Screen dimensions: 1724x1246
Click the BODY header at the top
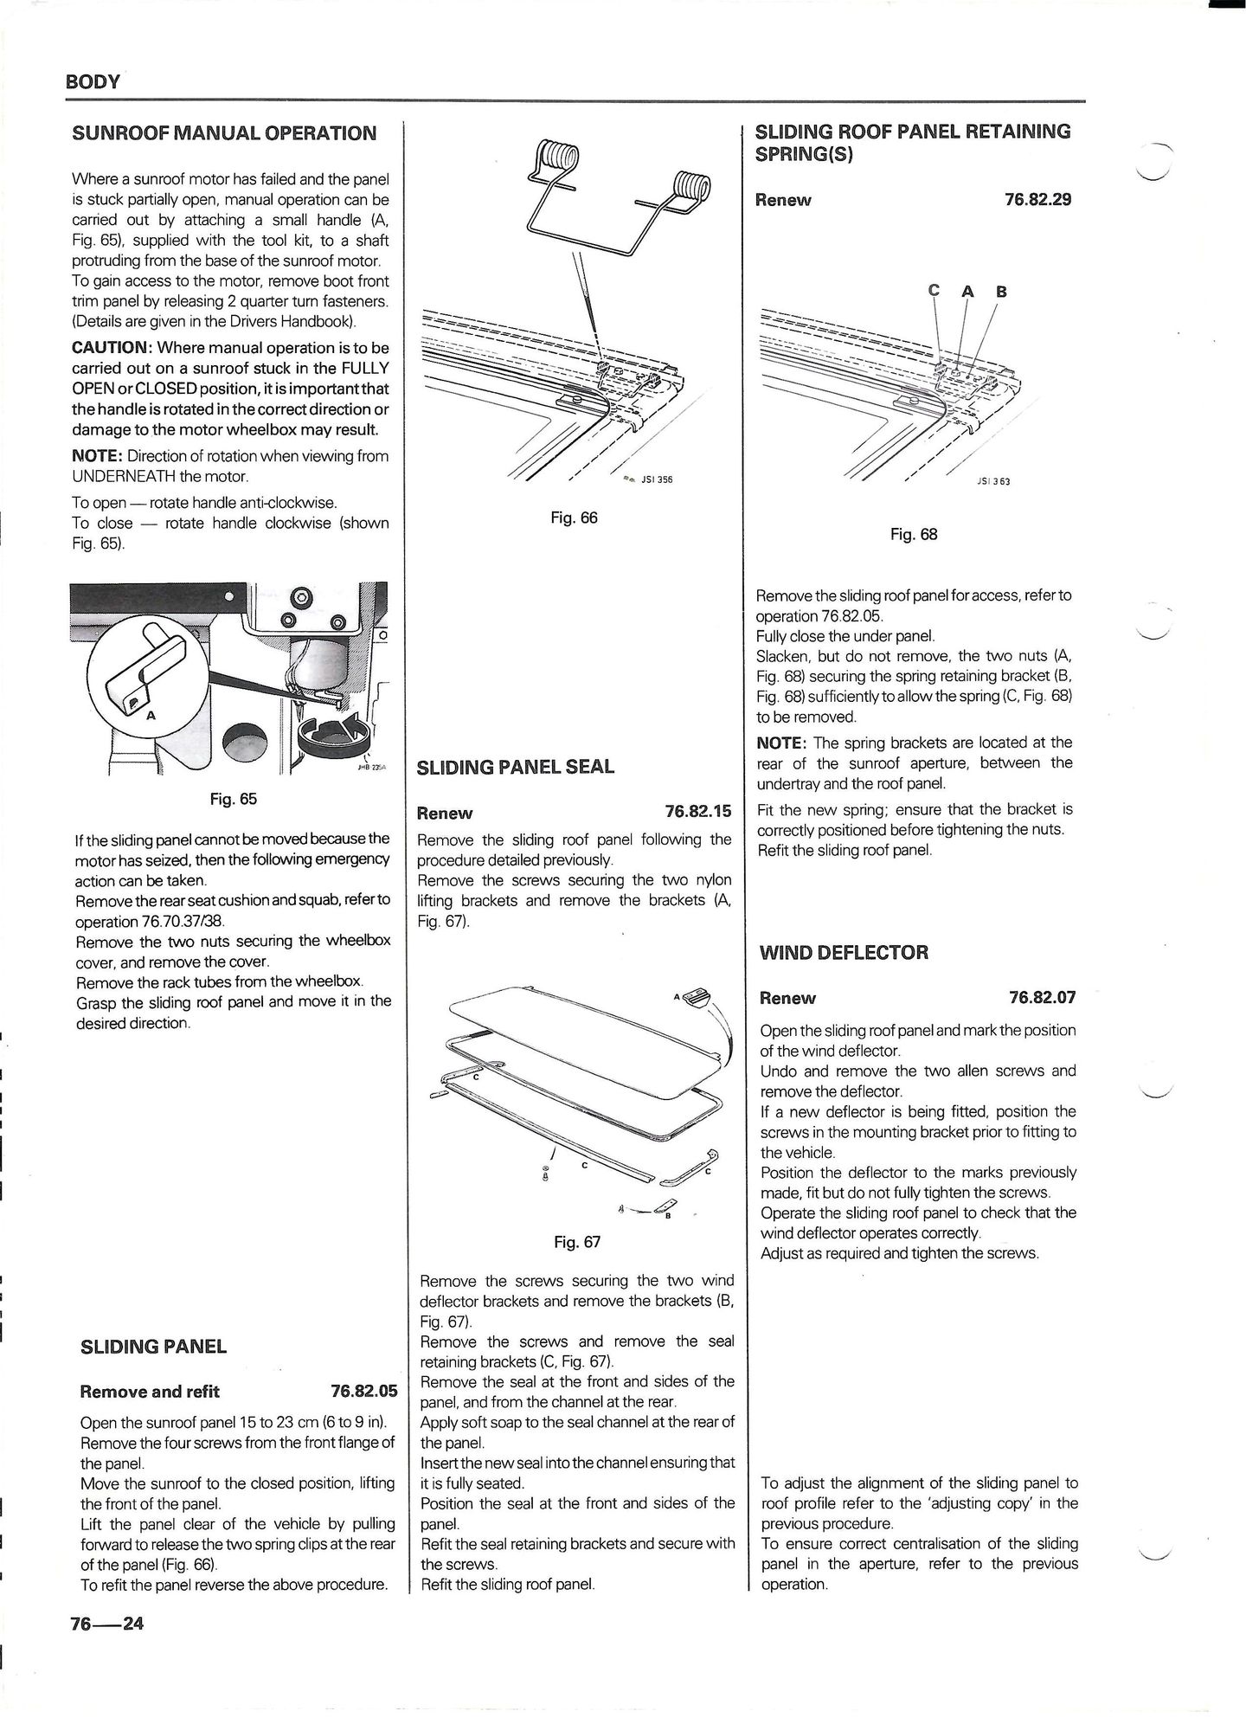[93, 82]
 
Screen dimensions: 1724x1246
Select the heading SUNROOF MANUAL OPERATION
[224, 133]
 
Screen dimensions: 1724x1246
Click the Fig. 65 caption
[234, 799]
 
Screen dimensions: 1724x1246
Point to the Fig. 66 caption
[574, 518]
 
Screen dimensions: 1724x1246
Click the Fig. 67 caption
[577, 1242]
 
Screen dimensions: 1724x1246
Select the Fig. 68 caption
[914, 534]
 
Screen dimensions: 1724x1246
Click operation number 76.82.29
[1037, 199]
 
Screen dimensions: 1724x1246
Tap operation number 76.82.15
[697, 812]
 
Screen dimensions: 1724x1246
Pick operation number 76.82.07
[1042, 997]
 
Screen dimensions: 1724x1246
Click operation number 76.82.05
[363, 1391]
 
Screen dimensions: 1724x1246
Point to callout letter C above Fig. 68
[934, 291]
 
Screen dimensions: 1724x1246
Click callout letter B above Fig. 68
[1001, 292]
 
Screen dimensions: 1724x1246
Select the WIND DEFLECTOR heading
[844, 953]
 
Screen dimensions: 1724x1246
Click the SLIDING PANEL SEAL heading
[516, 767]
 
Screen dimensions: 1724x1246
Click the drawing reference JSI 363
[992, 481]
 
